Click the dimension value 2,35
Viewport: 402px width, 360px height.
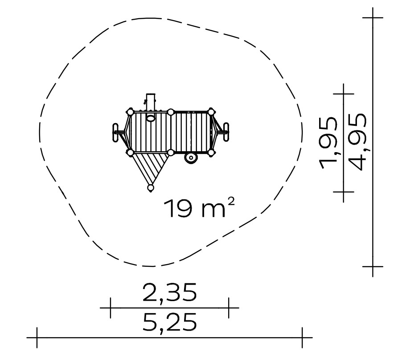[169, 293]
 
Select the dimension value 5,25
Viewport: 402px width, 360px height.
[169, 323]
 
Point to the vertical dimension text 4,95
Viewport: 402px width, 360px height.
[358, 142]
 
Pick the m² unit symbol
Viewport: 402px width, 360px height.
[217, 208]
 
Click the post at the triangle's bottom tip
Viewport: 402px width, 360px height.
[151, 188]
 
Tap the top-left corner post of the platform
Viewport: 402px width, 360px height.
[130, 112]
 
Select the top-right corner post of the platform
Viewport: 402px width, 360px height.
[211, 112]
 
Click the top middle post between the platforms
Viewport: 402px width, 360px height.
[171, 112]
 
